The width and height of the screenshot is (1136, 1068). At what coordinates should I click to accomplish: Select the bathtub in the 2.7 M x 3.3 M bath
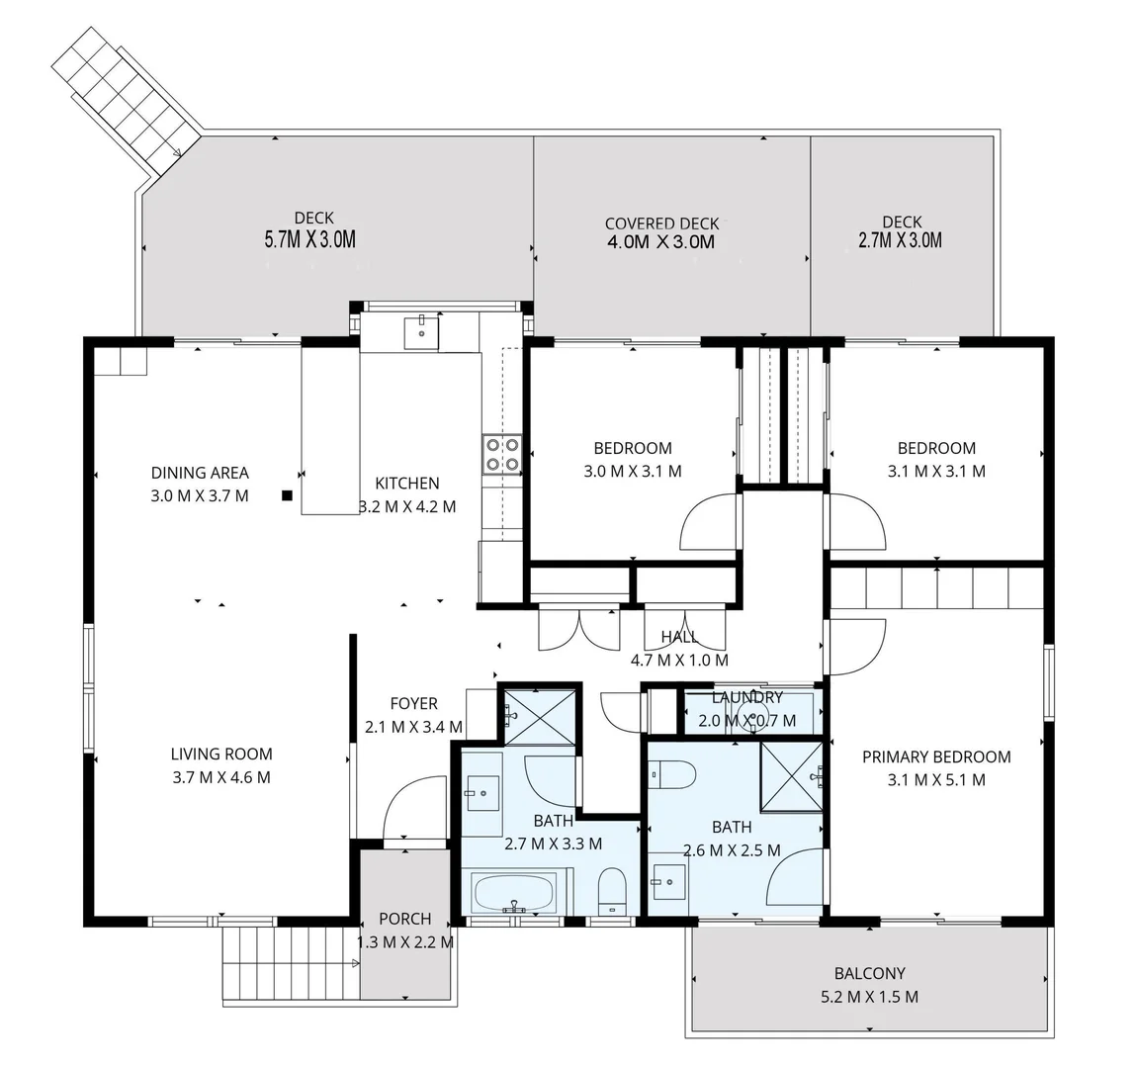[x=513, y=894]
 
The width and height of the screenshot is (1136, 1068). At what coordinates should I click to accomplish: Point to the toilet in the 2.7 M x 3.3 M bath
[x=612, y=890]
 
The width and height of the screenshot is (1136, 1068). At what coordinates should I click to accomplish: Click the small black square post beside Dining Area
[x=287, y=495]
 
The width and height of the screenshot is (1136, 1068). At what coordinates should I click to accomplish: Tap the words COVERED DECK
[x=661, y=223]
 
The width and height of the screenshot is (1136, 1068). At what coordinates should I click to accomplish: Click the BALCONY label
[x=869, y=973]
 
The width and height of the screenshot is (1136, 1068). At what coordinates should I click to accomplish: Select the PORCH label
[x=404, y=919]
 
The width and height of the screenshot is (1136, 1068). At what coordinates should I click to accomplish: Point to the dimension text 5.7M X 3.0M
[x=309, y=239]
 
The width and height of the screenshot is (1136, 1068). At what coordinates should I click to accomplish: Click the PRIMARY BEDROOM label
[x=935, y=756]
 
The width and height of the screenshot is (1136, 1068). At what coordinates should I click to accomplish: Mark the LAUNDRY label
[x=746, y=698]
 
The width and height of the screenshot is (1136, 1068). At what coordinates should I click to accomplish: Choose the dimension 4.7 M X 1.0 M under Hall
[x=679, y=660]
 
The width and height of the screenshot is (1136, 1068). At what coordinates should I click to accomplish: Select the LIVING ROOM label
[x=220, y=754]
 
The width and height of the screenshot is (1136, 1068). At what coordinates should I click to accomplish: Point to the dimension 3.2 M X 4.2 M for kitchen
[x=407, y=506]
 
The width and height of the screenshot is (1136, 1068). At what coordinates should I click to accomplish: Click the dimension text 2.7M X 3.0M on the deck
[x=900, y=240]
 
